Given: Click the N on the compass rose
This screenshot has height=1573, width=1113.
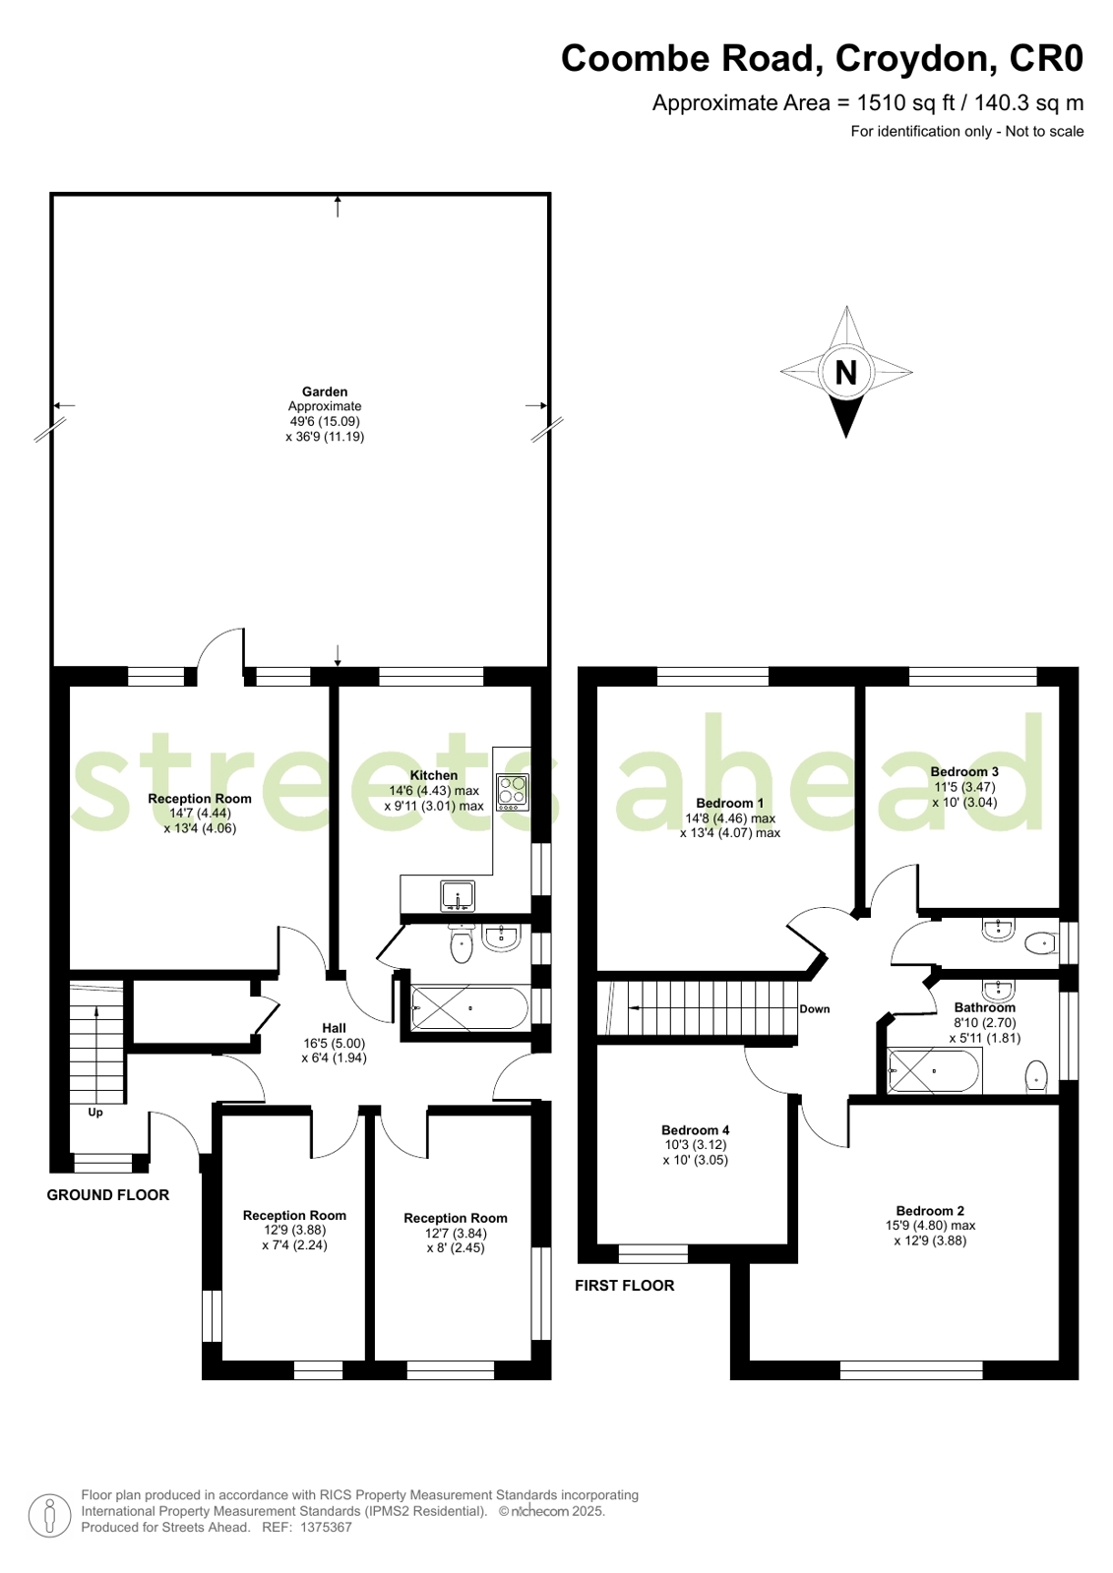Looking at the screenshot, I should pos(845,373).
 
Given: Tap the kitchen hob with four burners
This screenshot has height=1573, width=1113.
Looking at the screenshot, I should pos(512,791).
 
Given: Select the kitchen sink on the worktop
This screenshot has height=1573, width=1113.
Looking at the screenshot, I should pos(458,896).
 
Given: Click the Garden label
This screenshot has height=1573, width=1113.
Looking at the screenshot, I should pos(325,392).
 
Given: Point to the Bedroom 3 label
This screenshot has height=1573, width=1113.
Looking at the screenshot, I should pos(964,772).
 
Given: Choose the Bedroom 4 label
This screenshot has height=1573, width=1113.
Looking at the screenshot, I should pos(696,1130).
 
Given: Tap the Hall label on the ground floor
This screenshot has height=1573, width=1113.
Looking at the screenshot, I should pos(335,1028).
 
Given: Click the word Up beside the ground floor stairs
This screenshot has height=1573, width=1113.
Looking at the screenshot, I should pos(95,1113).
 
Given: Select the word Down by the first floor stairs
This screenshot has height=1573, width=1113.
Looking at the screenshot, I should pos(815,1009).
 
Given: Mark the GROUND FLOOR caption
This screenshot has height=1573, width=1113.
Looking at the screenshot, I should pos(108,1195).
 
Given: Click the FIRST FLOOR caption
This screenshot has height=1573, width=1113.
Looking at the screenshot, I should pos(625,1286).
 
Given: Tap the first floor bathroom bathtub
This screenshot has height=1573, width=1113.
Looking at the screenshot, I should pos(934,1070).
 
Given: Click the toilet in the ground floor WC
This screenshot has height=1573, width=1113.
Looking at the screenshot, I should pos(461,946).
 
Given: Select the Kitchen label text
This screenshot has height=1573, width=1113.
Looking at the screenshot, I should pos(434,775).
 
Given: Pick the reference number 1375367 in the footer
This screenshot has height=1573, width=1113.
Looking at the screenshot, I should pos(326,1528).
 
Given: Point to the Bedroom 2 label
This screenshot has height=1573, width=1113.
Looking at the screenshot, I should pos(930,1211).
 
